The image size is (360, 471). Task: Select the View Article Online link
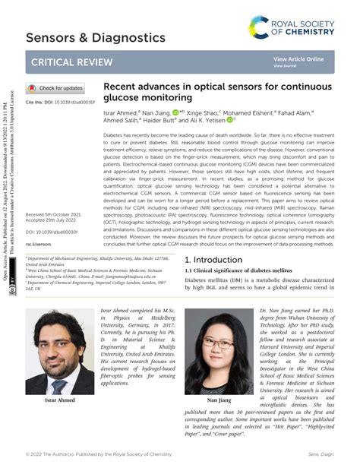(298, 59)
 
